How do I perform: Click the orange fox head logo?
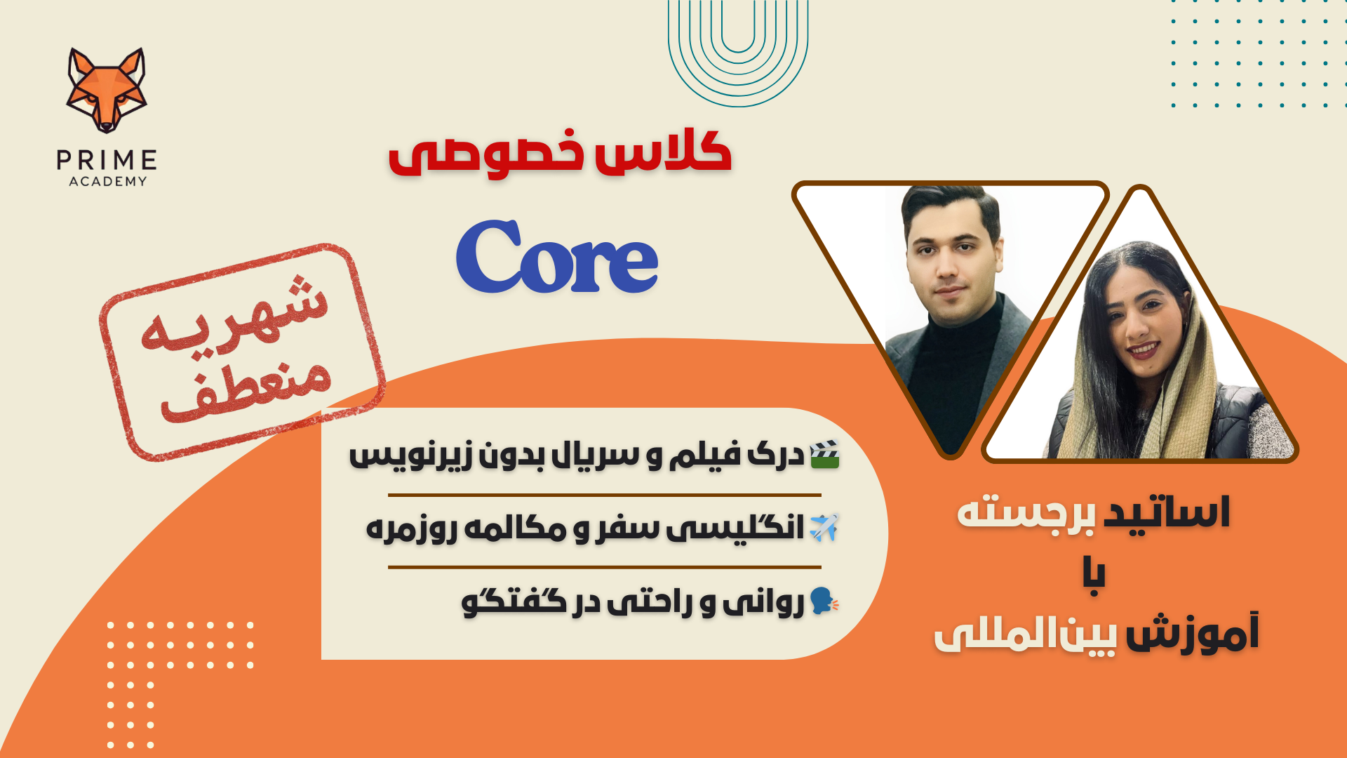point(107,90)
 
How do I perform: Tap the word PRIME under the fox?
point(107,161)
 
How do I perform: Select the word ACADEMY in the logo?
point(108,182)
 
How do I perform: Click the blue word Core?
point(557,257)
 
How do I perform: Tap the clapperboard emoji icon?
point(824,455)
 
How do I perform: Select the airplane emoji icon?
point(824,527)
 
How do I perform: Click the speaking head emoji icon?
point(824,601)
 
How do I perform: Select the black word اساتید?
point(1167,512)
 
